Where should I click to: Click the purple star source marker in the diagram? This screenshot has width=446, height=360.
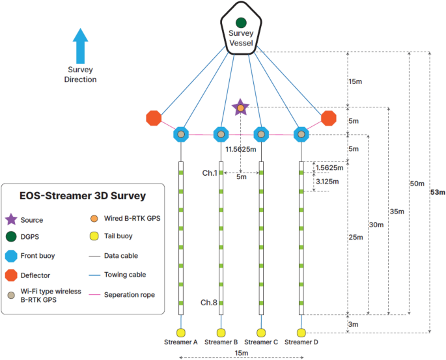240,107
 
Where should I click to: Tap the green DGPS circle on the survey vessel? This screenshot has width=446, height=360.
241,23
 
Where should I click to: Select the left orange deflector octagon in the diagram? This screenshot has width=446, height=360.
154,118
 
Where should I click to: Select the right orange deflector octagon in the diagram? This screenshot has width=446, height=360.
329,118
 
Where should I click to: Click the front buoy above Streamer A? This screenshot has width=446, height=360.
180,134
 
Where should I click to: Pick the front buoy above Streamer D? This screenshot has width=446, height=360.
301,134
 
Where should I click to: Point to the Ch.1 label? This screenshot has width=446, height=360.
210,173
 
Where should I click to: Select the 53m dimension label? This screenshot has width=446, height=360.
438,193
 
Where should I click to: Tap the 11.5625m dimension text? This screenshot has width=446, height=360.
240,149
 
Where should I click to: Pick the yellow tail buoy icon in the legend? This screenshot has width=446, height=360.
94,236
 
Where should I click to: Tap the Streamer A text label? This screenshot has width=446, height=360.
181,342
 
